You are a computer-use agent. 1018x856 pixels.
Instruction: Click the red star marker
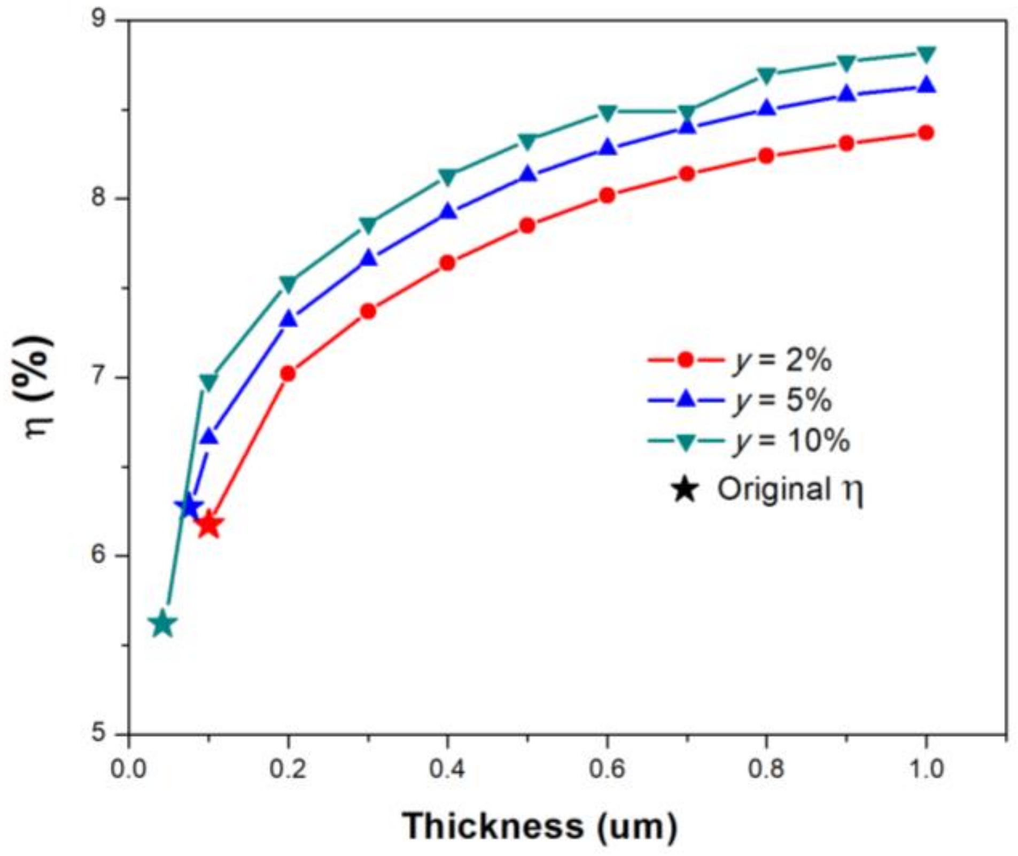[x=208, y=526]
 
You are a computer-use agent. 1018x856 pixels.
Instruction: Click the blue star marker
[x=188, y=505]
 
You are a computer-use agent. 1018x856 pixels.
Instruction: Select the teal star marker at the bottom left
[x=163, y=624]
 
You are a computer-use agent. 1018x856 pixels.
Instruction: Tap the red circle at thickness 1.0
[x=926, y=133]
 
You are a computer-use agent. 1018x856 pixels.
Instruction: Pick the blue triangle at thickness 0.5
[x=527, y=174]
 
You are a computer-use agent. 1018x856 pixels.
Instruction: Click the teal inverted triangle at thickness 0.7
[x=687, y=112]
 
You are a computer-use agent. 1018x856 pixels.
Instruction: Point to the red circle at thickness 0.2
[x=288, y=373]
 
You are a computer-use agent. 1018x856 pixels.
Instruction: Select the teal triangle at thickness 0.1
[x=208, y=383]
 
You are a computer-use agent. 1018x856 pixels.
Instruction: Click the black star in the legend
[x=685, y=489]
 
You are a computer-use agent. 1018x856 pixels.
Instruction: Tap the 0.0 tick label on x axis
[x=128, y=769]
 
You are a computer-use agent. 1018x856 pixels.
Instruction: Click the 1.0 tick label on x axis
[x=926, y=769]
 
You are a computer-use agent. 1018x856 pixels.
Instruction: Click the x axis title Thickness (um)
[x=540, y=826]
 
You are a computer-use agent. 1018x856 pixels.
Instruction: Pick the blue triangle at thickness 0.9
[x=846, y=94]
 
